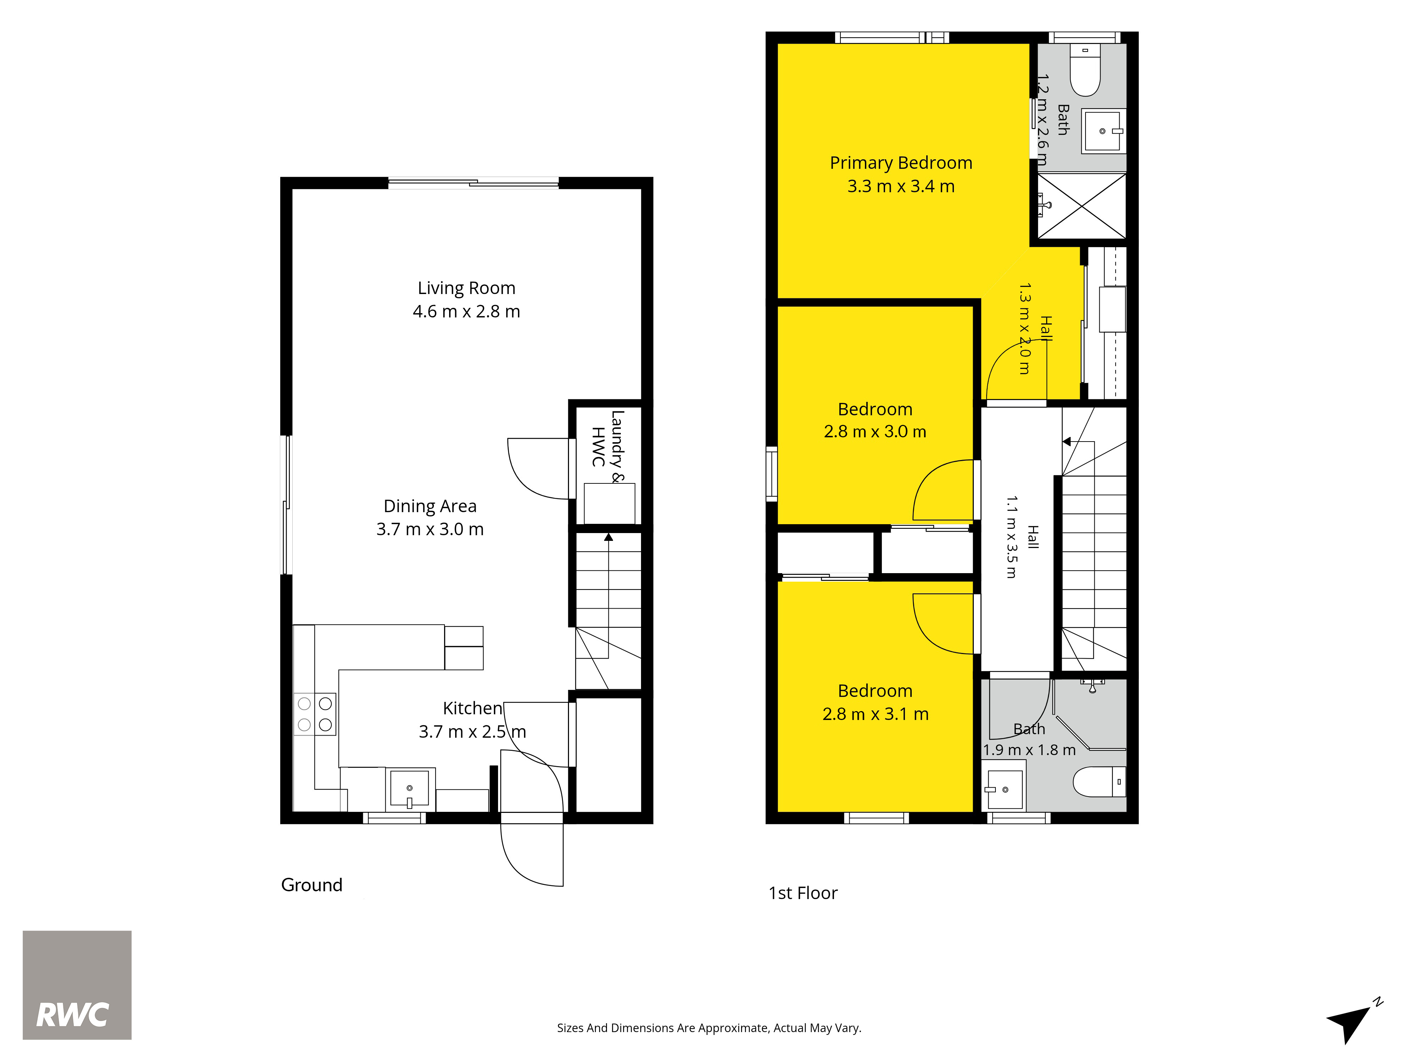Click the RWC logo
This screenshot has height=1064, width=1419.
pos(77,985)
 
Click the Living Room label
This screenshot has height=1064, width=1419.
pos(466,288)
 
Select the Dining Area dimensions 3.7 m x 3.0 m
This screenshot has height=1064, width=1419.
pos(430,529)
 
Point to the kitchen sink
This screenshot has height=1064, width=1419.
pos(410,789)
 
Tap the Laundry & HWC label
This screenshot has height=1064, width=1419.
pos(607,447)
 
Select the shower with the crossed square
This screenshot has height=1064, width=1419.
pos(1082,206)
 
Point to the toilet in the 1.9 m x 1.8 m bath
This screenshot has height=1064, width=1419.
pos(1099,782)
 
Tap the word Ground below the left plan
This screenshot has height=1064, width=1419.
pos(312,885)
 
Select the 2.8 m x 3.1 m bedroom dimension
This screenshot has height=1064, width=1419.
pos(876,714)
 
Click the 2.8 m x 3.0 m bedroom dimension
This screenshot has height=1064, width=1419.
pos(875,432)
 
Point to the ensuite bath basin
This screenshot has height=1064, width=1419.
pos(1103,131)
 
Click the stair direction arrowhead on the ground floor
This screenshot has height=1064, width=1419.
pos(608,537)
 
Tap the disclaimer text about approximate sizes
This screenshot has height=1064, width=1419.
pos(709,1028)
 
